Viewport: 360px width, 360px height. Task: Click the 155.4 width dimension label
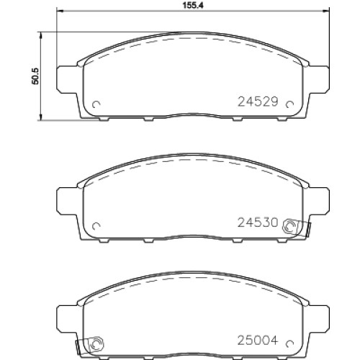[193, 6]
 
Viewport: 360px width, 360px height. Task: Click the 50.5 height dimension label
[35, 76]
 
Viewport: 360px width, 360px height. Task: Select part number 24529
[258, 102]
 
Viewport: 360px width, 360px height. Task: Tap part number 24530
[258, 222]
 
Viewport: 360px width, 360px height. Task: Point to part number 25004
[258, 341]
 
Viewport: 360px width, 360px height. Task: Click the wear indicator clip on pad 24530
[297, 228]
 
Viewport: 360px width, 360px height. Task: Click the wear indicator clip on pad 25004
[90, 345]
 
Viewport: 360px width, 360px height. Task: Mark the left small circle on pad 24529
[96, 104]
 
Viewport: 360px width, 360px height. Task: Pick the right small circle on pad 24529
[289, 104]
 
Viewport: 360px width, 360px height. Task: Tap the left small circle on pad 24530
[96, 226]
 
